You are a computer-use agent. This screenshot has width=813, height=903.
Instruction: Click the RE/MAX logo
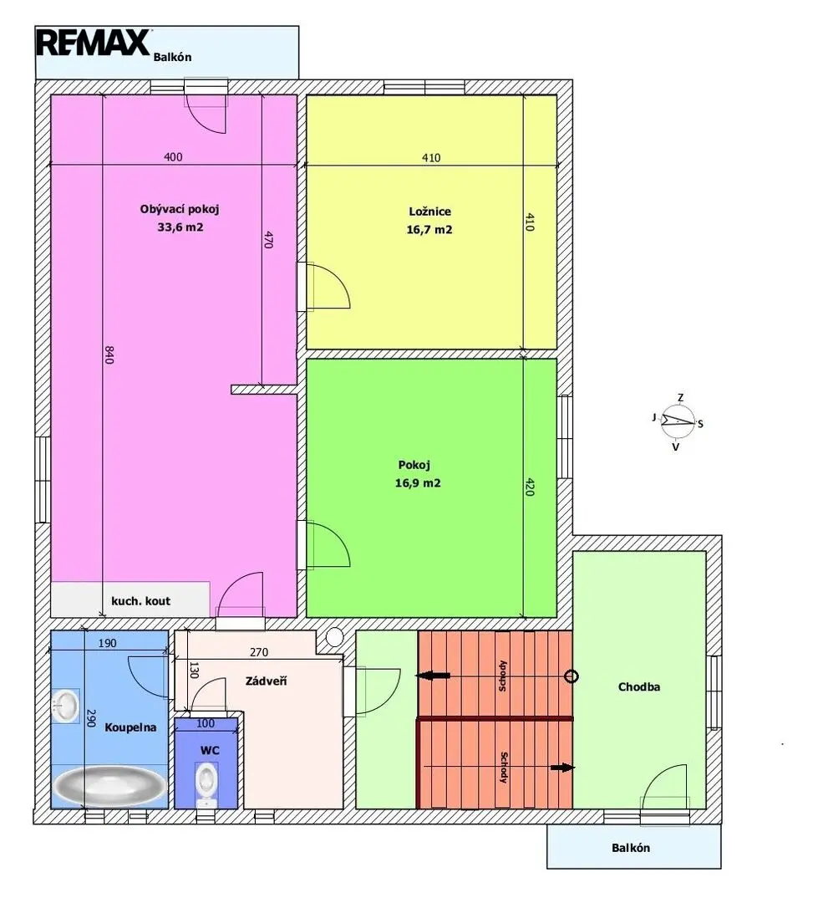tap(94, 43)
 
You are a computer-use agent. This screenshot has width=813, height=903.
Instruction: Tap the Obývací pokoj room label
tap(180, 209)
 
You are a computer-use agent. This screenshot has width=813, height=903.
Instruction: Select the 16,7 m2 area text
tap(429, 230)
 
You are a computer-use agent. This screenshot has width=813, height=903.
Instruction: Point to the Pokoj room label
tap(414, 465)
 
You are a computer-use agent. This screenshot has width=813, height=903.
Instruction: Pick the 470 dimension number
tap(268, 239)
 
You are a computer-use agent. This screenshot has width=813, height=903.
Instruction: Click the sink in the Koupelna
tap(65, 707)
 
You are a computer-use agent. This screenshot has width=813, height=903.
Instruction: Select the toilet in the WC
tap(206, 784)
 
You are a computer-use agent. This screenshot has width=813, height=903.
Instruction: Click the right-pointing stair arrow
tap(562, 767)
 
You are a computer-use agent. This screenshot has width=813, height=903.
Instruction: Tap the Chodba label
tap(638, 686)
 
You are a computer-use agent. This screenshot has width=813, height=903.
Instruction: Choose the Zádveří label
tap(266, 681)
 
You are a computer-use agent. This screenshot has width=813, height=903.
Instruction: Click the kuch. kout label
tap(141, 601)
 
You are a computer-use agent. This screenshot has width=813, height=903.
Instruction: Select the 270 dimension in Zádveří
tap(259, 652)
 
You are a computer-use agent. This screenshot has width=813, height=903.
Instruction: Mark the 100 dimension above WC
tap(206, 724)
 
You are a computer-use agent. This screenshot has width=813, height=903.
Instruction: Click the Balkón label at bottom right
tap(631, 848)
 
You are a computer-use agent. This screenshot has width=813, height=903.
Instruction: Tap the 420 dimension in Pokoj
tap(530, 487)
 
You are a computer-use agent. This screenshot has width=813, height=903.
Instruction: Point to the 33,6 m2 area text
tap(180, 227)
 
